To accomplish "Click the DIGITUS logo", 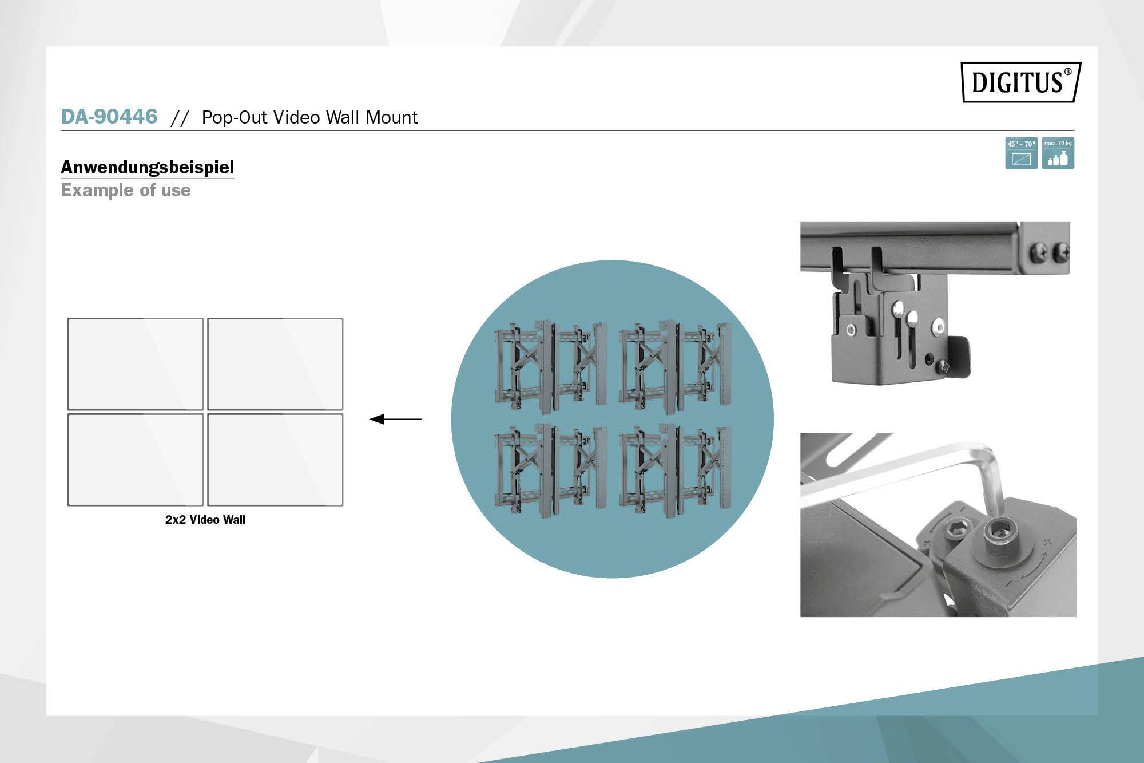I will tap(1020, 82).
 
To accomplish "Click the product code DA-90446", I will tap(109, 116).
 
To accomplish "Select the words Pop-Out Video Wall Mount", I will tap(309, 117).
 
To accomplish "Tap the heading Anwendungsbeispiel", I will tap(148, 167).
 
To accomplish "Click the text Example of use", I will tap(126, 190).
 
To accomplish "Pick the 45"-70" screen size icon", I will tap(1021, 153).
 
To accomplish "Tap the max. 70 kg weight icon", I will tap(1058, 153).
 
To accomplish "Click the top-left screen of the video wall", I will tap(136, 364).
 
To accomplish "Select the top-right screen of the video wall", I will tap(275, 364).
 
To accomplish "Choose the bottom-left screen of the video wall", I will tap(136, 460).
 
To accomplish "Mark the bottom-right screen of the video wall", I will tap(275, 460).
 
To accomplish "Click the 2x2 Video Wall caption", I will tap(205, 520).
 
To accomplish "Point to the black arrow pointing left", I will tap(395, 420).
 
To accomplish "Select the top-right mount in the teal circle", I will tap(676, 366).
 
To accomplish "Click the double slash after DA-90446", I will tap(180, 118).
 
